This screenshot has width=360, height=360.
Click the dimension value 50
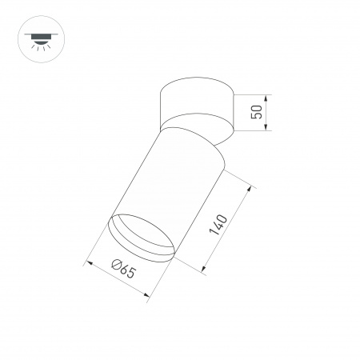(x=257, y=110)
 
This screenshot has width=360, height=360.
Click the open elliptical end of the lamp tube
(x=142, y=237)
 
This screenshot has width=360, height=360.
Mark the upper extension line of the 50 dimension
(x=252, y=94)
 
